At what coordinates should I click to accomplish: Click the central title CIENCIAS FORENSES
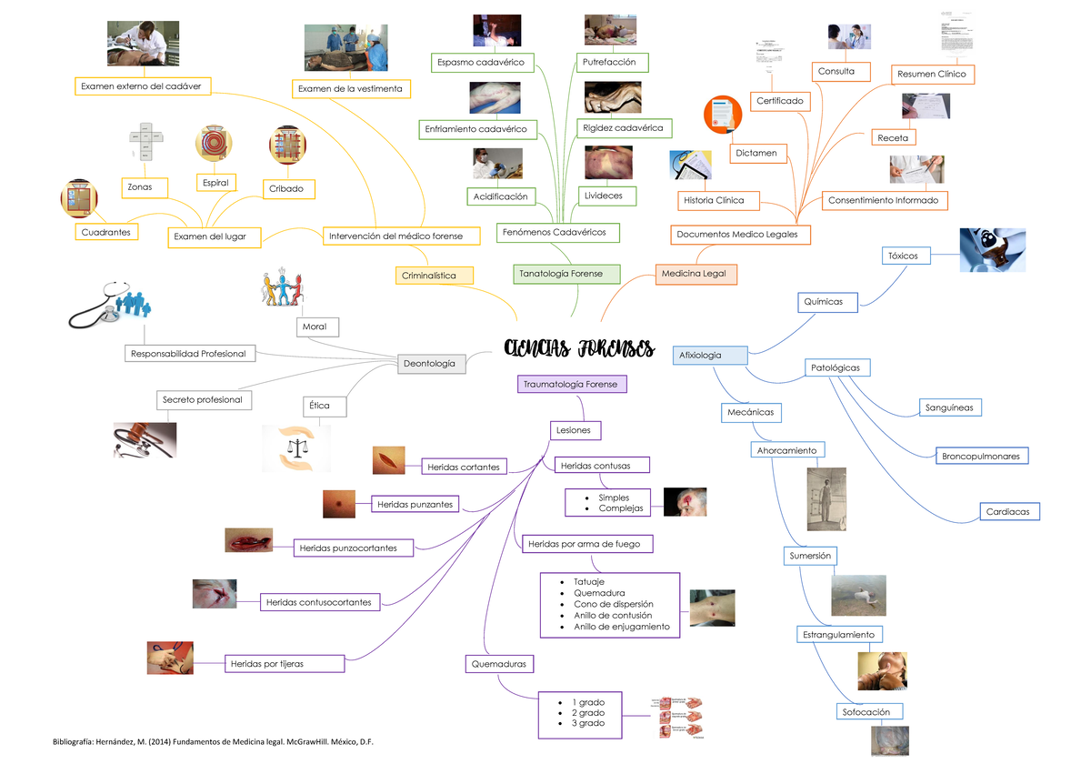[579, 349]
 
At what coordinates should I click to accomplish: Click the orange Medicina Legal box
[696, 273]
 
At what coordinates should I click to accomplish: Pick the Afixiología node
[710, 355]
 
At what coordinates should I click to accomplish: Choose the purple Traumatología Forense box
[570, 384]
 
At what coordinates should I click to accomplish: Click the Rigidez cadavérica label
[623, 128]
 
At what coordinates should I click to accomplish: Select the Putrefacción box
[612, 62]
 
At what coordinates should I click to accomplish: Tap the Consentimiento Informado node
[882, 200]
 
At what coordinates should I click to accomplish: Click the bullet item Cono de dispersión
[613, 604]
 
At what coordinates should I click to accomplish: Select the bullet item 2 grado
[587, 712]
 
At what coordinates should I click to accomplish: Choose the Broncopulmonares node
[980, 456]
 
